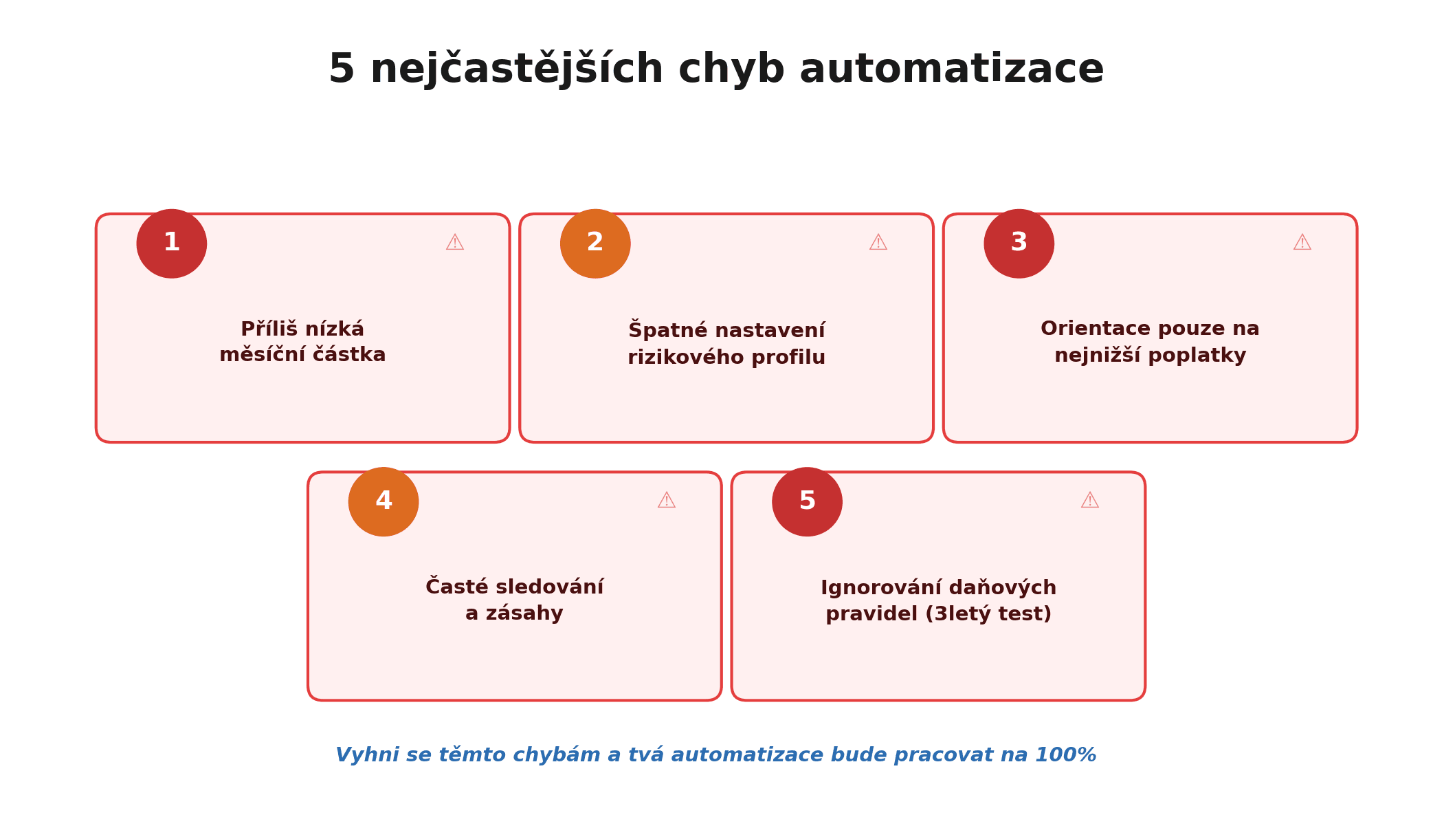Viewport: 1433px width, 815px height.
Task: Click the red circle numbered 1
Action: click(x=171, y=243)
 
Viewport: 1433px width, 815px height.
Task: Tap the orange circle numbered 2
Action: click(x=595, y=243)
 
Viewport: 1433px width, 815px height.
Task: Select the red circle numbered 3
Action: click(x=1019, y=243)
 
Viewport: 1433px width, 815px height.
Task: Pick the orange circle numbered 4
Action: click(x=384, y=502)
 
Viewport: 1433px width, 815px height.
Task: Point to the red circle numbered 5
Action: click(x=807, y=502)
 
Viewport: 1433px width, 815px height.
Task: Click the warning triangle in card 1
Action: click(x=454, y=243)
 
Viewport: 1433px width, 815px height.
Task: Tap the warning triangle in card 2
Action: click(x=878, y=243)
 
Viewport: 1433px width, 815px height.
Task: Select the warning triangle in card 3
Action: click(x=1302, y=243)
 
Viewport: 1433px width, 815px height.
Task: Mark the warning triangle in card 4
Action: click(x=666, y=501)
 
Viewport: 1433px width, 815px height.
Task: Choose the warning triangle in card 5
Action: click(x=1089, y=501)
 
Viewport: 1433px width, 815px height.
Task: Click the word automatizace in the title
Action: click(x=951, y=69)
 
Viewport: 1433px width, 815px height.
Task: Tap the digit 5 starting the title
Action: click(x=342, y=69)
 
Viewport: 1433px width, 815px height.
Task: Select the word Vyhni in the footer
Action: click(x=364, y=755)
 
